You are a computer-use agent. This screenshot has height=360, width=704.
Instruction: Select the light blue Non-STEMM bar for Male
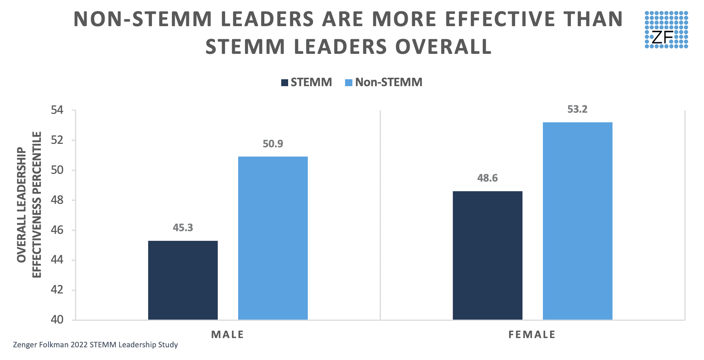point(273,238)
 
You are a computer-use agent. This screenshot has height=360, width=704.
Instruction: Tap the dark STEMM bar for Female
point(487,255)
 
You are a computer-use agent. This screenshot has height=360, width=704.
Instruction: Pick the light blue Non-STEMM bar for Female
point(577,221)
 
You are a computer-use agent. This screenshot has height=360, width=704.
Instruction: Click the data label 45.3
point(183,228)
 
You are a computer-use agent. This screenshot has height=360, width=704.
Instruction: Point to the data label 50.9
point(273,144)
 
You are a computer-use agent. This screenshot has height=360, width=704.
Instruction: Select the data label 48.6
point(487,178)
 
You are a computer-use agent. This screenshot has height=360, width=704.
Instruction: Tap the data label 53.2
point(577,110)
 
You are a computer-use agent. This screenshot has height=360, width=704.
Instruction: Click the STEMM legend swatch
point(285,83)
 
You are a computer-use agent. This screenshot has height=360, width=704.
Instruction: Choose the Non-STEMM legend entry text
point(389,82)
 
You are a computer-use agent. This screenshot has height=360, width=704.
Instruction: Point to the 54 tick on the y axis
point(57,110)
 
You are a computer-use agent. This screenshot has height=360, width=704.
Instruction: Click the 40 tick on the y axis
point(57,320)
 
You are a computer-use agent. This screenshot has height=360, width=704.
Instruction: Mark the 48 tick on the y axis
point(57,200)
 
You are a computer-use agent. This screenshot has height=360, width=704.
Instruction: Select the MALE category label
point(227,335)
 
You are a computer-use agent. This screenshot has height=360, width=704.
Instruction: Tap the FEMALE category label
point(532,335)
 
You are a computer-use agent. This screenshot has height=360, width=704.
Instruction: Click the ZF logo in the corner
point(666,30)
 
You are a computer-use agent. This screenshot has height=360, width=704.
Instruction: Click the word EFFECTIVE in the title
point(500,19)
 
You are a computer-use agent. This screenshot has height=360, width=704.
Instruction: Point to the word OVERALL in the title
point(444,47)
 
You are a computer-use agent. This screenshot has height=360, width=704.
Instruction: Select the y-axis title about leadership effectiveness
point(29,205)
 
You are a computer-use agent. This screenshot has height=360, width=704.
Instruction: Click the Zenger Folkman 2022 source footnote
point(95,345)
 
